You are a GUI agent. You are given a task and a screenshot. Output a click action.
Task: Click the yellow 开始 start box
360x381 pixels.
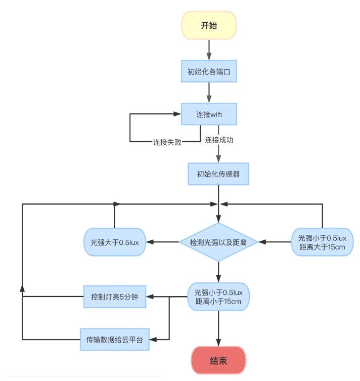point(209,25)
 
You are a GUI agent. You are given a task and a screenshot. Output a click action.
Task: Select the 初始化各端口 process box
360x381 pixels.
point(209,72)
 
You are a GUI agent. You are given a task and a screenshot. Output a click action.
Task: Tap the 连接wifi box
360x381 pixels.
point(209,115)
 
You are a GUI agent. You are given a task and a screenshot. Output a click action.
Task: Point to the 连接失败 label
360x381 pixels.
point(167,142)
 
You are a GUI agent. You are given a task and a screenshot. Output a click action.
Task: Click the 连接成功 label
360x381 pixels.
point(219,140)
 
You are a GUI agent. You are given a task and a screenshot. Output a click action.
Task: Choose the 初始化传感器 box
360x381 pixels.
point(218,175)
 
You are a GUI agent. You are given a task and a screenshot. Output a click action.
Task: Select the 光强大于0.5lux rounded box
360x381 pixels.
point(115,242)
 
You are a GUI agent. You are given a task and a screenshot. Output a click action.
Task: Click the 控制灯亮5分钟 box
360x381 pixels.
point(115,297)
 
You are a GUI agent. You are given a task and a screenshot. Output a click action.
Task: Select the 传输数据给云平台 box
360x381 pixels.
point(115,339)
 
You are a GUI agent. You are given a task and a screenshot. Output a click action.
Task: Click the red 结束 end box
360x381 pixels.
point(218,361)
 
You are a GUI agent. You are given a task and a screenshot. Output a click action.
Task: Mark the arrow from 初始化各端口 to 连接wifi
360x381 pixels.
point(209,93)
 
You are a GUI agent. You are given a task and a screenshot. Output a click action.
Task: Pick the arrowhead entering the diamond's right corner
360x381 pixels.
point(262,242)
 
